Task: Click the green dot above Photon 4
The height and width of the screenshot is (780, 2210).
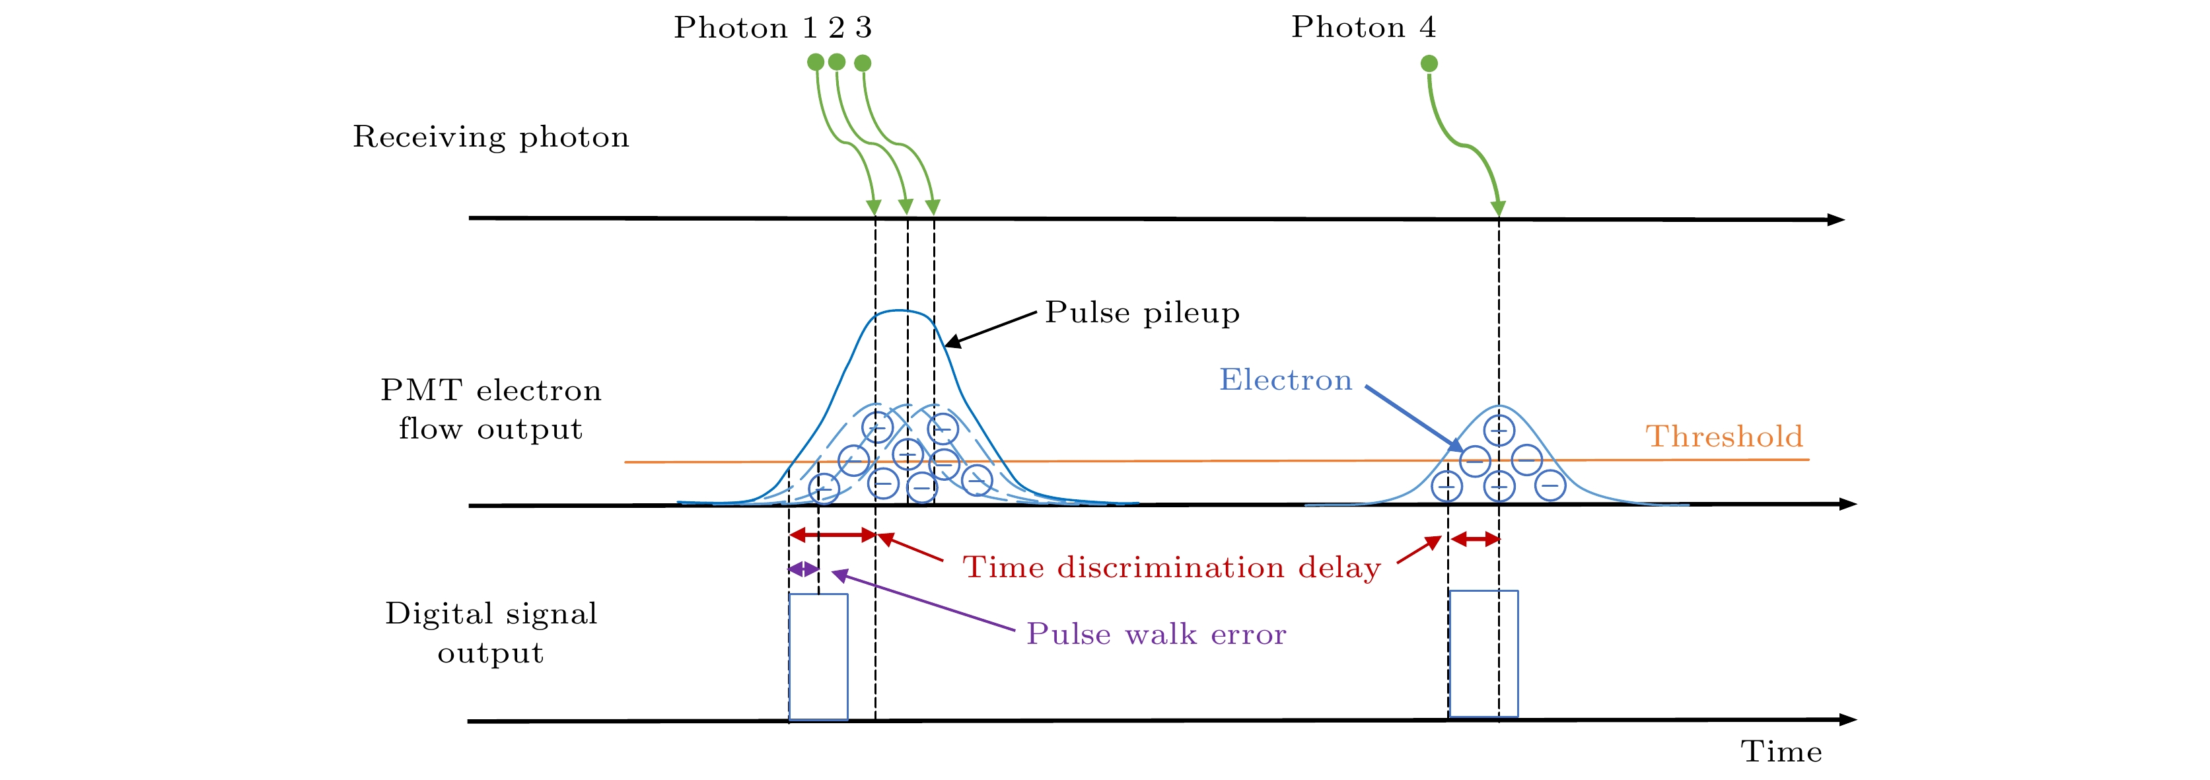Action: (x=1429, y=63)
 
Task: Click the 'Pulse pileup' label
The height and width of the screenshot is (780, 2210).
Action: (x=1142, y=312)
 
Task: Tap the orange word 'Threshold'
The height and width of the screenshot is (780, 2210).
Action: (x=1725, y=436)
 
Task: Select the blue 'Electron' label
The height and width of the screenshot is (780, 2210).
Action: (x=1285, y=379)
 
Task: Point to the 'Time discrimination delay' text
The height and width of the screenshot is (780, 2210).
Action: (x=1172, y=567)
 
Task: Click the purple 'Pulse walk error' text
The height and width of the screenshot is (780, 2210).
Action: (x=1157, y=634)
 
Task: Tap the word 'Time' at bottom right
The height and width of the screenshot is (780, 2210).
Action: (x=1781, y=752)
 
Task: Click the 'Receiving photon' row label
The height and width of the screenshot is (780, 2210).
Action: (x=491, y=137)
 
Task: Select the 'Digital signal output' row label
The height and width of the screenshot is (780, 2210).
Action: (x=491, y=633)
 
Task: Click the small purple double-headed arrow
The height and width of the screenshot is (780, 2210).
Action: (x=804, y=569)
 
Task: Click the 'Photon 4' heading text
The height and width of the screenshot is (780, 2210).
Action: (x=1363, y=28)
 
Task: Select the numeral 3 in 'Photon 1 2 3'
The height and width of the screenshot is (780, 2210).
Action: (x=863, y=28)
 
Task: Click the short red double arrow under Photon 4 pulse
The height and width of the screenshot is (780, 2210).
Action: (x=1475, y=539)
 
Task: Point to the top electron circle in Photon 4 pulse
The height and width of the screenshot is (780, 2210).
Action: (x=1499, y=430)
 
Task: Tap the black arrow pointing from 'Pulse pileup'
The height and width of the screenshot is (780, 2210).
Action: (x=990, y=330)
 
